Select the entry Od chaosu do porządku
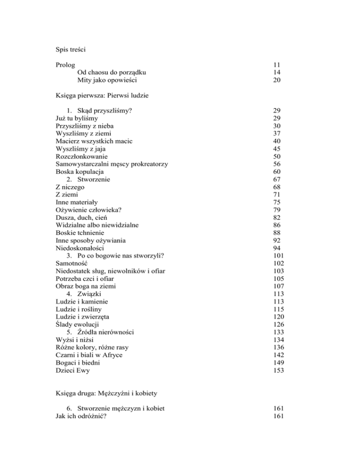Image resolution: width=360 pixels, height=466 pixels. point(112,72)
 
